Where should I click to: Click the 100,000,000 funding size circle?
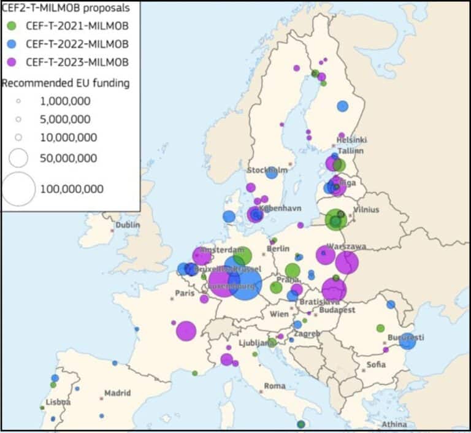point(18,189)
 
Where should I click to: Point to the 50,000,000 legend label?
point(68,158)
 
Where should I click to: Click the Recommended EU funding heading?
point(66,83)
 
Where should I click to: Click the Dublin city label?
point(128,224)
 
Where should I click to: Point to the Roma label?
point(275,386)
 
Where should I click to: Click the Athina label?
point(394,424)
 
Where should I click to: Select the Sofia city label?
point(376,364)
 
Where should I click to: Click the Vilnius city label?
point(366,210)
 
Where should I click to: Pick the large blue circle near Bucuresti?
point(407,341)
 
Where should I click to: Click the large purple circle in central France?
point(186,331)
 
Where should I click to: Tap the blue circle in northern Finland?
point(342,106)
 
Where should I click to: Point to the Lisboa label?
point(57,402)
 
